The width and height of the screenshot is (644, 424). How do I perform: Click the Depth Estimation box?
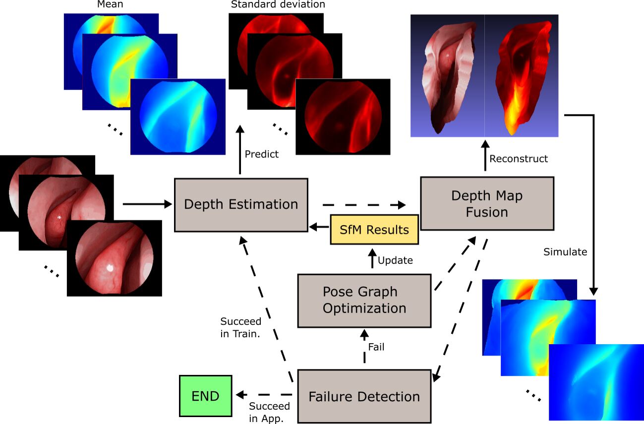pyautogui.click(x=241, y=204)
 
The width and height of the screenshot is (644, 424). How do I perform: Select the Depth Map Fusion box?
pyautogui.click(x=486, y=203)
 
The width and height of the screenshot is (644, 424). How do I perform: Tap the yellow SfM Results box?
pyautogui.click(x=374, y=230)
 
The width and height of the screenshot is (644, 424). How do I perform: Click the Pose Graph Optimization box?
pyautogui.click(x=364, y=300)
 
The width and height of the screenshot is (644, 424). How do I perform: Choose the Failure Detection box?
pyautogui.click(x=364, y=396)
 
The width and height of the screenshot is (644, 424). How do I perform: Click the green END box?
pyautogui.click(x=205, y=396)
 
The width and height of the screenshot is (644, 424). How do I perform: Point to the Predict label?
pyautogui.click(x=261, y=154)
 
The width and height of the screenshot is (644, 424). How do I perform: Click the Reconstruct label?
pyautogui.click(x=519, y=159)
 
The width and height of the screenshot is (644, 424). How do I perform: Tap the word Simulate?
pyautogui.click(x=565, y=252)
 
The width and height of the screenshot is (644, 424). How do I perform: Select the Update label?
pyautogui.click(x=395, y=260)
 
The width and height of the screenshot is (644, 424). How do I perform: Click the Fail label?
pyautogui.click(x=376, y=347)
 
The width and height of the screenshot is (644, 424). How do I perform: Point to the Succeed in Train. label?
pyautogui.click(x=240, y=327)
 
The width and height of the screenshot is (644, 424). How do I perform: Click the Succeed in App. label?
pyautogui.click(x=269, y=413)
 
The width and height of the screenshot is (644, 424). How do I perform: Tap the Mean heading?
pyautogui.click(x=111, y=5)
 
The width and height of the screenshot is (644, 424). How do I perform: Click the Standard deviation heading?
pyautogui.click(x=278, y=5)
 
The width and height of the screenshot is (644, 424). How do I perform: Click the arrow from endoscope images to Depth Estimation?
pyautogui.click(x=146, y=203)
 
